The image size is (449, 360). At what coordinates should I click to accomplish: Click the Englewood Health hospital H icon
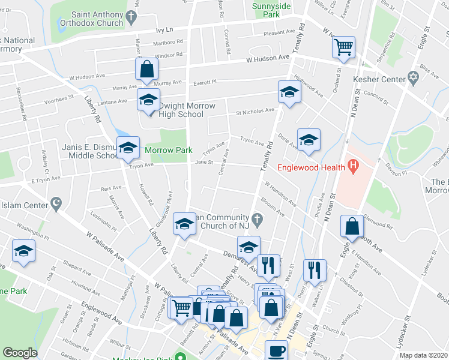click(x=353, y=164)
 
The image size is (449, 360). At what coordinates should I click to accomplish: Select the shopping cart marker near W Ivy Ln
click(x=343, y=47)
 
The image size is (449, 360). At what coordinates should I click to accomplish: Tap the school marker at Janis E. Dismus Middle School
click(x=127, y=149)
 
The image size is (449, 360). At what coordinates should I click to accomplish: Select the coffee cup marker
click(x=276, y=351)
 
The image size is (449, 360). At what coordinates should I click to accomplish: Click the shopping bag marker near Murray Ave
click(x=147, y=69)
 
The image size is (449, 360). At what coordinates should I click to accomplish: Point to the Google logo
click(x=20, y=353)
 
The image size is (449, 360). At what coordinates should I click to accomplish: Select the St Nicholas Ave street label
click(x=255, y=111)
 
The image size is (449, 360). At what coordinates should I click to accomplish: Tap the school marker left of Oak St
click(x=23, y=251)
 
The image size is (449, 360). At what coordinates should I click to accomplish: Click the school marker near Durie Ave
click(x=309, y=140)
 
